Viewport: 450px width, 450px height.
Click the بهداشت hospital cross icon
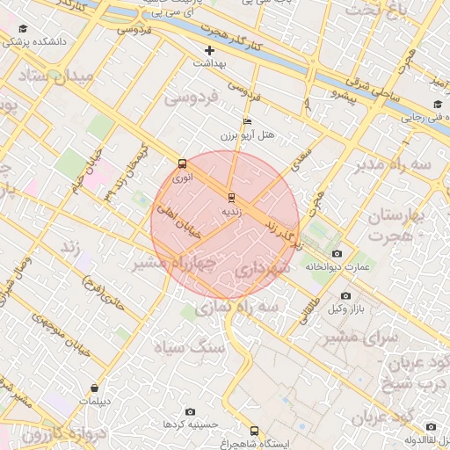click(x=209, y=50)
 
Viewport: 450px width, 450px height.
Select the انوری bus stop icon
click(x=182, y=163)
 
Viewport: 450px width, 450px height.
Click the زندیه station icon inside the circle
click(x=231, y=198)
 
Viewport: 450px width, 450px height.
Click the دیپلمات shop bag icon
click(x=94, y=388)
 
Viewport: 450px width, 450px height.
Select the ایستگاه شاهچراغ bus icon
click(x=255, y=431)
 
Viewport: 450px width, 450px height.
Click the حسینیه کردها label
click(x=184, y=425)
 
